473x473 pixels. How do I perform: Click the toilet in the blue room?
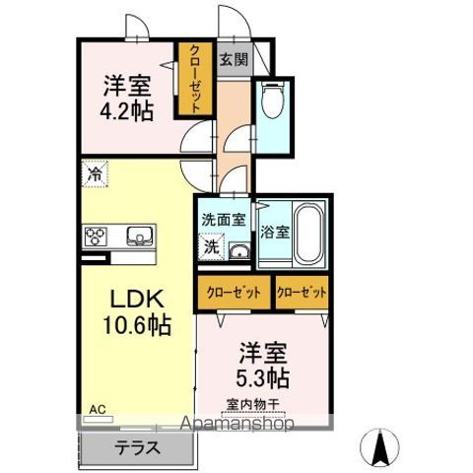point(273,100)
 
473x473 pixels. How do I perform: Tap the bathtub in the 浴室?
point(308,234)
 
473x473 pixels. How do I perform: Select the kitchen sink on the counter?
point(140,236)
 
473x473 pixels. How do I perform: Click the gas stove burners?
point(96,236)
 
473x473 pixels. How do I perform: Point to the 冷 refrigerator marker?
point(95,173)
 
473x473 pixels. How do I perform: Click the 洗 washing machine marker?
point(212,247)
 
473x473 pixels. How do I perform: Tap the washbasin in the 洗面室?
point(239,252)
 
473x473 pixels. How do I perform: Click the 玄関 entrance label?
point(234,59)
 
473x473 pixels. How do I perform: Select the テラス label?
point(138,448)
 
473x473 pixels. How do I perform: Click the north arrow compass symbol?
point(379,447)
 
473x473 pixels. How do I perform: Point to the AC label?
point(98,410)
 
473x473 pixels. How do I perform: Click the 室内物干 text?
point(253,404)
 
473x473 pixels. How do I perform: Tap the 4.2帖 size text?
point(127,111)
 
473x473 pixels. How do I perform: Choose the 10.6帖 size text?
point(137,325)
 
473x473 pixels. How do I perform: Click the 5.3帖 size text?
point(263,377)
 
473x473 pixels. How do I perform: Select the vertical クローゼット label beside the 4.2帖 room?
point(194,80)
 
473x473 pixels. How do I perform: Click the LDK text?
point(137,299)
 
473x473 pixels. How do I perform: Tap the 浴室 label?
point(275,232)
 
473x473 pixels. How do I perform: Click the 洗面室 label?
point(224,220)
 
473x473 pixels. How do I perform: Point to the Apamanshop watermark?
point(237,424)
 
